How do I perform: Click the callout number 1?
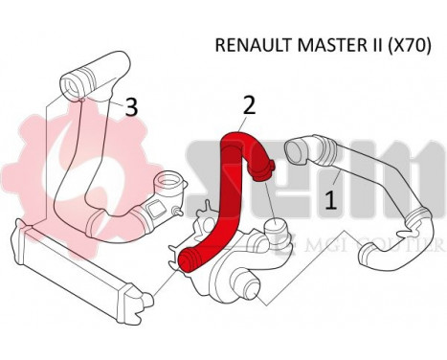[x=331, y=201]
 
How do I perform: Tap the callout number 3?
[x=131, y=107]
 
